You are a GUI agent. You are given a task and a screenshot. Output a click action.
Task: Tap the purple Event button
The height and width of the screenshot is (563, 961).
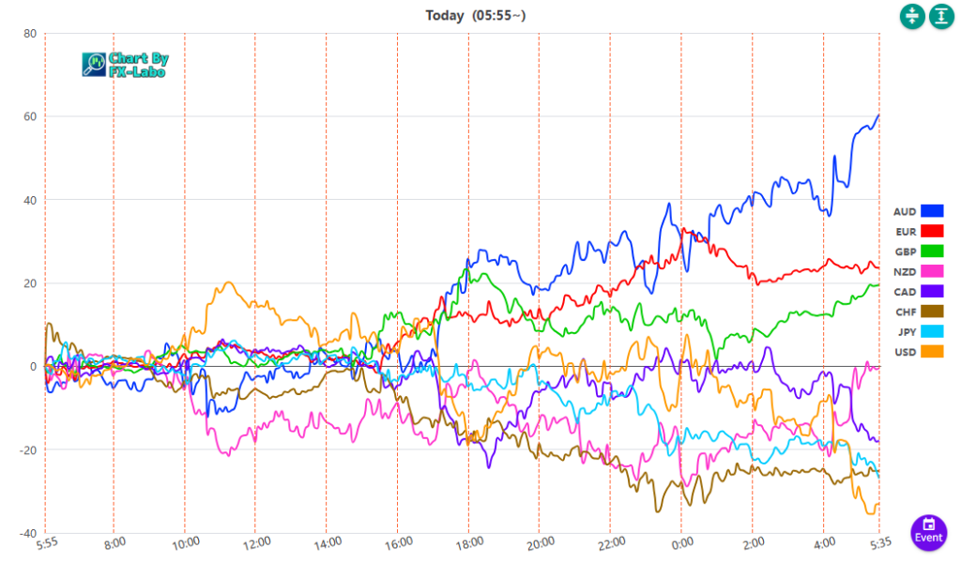(928, 530)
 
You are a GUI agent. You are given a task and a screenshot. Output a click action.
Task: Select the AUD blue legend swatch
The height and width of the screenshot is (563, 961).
(932, 211)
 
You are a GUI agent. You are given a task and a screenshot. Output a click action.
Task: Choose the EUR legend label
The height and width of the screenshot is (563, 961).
(905, 231)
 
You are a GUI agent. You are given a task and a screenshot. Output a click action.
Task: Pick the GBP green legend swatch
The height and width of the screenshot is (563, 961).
(932, 251)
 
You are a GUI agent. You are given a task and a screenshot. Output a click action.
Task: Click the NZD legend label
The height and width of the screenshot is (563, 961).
(905, 271)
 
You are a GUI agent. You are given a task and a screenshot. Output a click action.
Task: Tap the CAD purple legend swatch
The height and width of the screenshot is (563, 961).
(932, 291)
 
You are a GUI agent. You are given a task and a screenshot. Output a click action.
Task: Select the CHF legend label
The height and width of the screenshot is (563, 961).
(905, 312)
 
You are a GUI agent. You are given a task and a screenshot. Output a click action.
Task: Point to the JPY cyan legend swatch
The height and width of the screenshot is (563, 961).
(932, 331)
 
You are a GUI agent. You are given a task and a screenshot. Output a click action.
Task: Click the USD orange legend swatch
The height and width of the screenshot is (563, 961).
(932, 351)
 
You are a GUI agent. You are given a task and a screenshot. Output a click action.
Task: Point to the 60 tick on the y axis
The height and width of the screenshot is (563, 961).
(29, 116)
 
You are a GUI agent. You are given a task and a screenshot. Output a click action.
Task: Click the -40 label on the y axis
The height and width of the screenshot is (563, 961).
(27, 533)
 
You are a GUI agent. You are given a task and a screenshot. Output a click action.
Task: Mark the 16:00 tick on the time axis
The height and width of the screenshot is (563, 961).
(398, 542)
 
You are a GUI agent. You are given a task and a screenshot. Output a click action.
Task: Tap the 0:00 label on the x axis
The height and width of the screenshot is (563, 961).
(682, 542)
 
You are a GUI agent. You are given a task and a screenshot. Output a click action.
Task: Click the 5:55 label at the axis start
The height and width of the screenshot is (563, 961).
(49, 542)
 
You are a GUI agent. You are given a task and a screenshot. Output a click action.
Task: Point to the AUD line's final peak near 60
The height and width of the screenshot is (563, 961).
(878, 115)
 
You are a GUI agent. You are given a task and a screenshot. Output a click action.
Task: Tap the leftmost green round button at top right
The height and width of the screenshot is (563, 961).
(912, 16)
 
